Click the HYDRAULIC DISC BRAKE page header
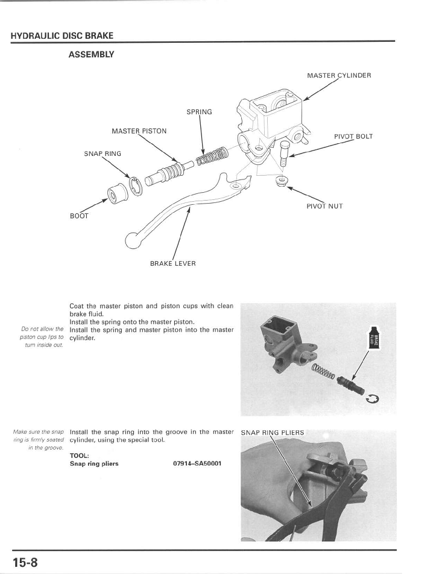tap(62, 36)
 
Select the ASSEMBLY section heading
tap(92, 54)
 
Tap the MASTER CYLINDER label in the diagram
tap(339, 76)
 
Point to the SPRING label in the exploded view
tap(199, 112)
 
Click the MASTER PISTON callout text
tap(139, 131)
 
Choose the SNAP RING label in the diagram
tap(103, 153)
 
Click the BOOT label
tap(78, 216)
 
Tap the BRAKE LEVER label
tap(172, 263)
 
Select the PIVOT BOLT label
tap(353, 136)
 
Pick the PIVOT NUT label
tap(324, 206)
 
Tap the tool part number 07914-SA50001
tap(197, 463)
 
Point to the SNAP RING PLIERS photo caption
tap(273, 433)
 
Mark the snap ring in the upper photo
tap(372, 399)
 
